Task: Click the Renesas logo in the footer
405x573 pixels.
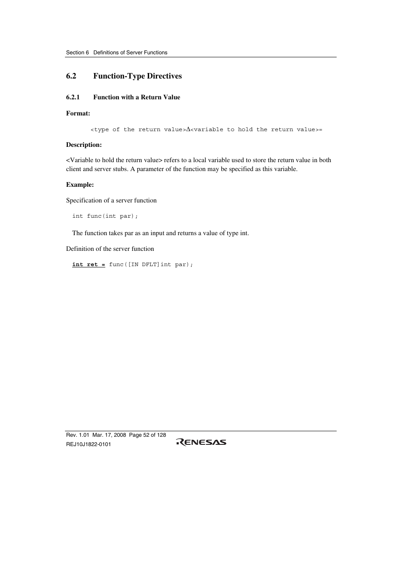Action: tap(201, 442)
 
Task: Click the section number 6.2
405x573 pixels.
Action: tap(71, 76)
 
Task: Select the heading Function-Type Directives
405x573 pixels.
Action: tap(138, 76)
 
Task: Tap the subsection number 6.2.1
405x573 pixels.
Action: tap(73, 97)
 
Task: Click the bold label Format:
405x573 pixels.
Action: tap(78, 113)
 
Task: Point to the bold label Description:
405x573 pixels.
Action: tap(84, 145)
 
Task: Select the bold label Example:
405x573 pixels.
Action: tap(80, 185)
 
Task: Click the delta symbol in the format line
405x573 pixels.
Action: tap(188, 129)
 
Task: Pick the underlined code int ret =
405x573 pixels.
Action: tap(88, 264)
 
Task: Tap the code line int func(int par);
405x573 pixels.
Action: tap(105, 216)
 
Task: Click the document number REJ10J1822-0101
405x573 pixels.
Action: tap(88, 444)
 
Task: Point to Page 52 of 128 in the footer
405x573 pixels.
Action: tap(147, 435)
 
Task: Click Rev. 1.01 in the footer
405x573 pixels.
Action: tap(78, 435)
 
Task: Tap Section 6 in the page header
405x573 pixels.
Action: tap(77, 53)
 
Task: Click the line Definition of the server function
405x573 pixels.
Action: tap(110, 249)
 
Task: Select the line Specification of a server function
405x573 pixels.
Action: tap(111, 200)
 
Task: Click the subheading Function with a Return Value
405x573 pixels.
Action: tap(137, 97)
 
